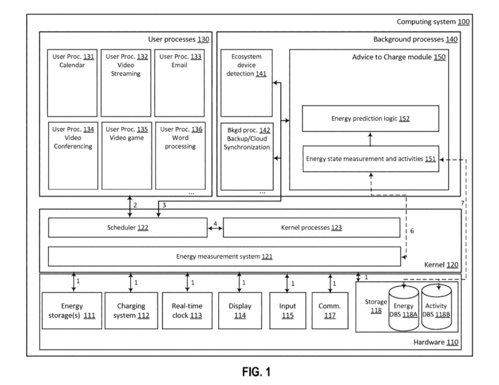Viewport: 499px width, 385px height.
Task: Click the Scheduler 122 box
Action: pyautogui.click(x=128, y=227)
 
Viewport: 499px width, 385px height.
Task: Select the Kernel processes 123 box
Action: pyautogui.click(x=312, y=227)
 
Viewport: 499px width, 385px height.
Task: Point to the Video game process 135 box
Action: pyautogui.click(x=127, y=155)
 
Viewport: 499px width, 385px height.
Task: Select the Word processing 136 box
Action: pyautogui.click(x=180, y=155)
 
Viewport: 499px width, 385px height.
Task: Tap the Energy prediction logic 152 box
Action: pyautogui.click(x=370, y=118)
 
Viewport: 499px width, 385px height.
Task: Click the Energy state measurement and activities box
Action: pyautogui.click(x=370, y=159)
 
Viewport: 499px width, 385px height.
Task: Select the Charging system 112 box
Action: pyautogui.click(x=131, y=311)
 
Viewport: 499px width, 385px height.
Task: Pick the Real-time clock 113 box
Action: pyautogui.click(x=187, y=311)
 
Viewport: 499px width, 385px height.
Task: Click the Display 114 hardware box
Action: pyautogui.click(x=240, y=311)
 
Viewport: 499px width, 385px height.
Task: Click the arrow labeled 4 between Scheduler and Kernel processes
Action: pyautogui.click(x=215, y=227)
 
